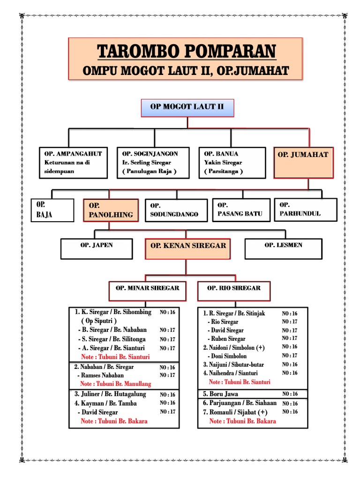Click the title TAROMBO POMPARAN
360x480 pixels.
[x=187, y=51]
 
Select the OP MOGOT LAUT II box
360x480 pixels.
[x=187, y=107]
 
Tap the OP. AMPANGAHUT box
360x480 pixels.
[x=73, y=163]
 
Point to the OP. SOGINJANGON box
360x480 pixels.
[x=153, y=163]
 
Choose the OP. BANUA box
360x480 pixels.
[x=233, y=163]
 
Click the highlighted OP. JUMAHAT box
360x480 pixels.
[x=303, y=162]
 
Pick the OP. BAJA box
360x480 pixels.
[x=52, y=210]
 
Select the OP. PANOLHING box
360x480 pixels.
[x=111, y=210]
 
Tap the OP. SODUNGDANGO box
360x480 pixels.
[x=176, y=210]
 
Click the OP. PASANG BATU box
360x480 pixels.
[x=241, y=210]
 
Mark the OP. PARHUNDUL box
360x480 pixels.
[x=305, y=210]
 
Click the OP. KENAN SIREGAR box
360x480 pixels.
[x=187, y=248]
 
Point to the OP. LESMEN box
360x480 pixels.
[x=283, y=248]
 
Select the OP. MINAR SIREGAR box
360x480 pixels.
[x=147, y=291]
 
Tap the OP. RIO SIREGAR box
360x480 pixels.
[x=233, y=291]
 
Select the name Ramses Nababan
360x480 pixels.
[x=100, y=375]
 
